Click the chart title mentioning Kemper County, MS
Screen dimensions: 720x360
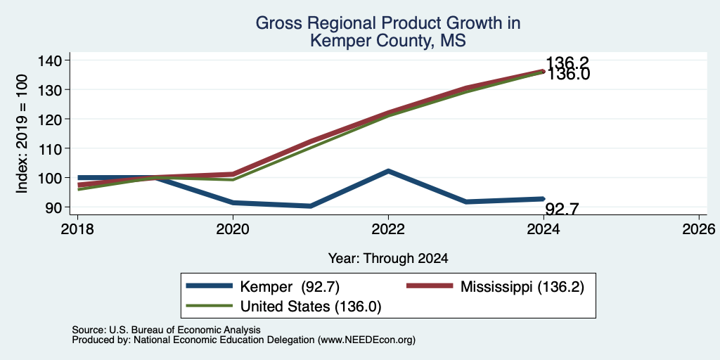click(387, 32)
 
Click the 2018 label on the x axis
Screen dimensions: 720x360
click(77, 229)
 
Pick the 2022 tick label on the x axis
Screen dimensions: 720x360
click(388, 229)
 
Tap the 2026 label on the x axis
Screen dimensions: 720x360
click(700, 229)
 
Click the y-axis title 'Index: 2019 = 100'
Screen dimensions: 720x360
click(22, 134)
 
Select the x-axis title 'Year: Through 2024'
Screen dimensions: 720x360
click(388, 259)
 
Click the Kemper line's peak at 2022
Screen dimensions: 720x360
click(388, 171)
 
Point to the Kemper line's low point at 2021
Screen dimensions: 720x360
click(311, 206)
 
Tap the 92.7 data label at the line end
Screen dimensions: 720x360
click(562, 209)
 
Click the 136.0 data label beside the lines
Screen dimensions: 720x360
click(567, 75)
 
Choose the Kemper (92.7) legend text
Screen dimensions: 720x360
click(290, 287)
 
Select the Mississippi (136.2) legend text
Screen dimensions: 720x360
click(522, 287)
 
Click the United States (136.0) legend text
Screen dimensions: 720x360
click(311, 307)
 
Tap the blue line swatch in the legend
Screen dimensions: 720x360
click(209, 286)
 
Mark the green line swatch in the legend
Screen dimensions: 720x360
click(209, 305)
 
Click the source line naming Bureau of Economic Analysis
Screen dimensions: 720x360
click(166, 330)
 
